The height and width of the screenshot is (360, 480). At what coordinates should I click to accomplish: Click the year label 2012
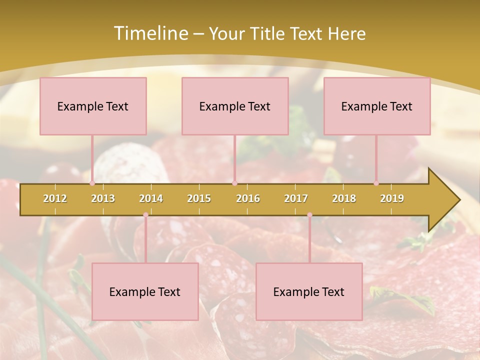(55, 198)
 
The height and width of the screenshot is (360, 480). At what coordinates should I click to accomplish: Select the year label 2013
(103, 198)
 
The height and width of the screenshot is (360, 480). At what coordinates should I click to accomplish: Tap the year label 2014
(151, 198)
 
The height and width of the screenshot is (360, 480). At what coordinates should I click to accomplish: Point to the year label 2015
(199, 198)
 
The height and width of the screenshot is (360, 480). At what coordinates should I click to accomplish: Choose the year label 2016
(248, 198)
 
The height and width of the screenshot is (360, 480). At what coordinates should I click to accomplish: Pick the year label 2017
(296, 198)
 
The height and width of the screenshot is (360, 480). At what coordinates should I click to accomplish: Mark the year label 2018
(344, 198)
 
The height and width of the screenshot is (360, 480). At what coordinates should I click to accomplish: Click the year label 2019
(392, 198)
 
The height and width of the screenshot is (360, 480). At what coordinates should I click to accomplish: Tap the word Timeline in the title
(150, 33)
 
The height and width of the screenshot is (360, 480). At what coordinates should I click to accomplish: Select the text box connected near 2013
(93, 106)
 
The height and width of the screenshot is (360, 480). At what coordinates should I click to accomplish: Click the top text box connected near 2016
(235, 106)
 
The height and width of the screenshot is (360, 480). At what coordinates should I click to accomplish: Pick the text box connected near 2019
(377, 106)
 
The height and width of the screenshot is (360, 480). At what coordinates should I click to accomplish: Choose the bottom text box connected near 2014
(145, 291)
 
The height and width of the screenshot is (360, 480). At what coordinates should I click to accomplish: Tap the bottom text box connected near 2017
(309, 291)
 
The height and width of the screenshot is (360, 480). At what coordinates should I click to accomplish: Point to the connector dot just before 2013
(92, 183)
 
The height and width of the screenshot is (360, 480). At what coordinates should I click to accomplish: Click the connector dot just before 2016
(234, 183)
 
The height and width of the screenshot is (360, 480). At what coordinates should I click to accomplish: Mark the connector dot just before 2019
(376, 183)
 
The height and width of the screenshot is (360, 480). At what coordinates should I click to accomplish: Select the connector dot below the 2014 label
(145, 215)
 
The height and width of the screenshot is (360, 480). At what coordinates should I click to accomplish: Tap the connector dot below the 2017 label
(309, 215)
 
